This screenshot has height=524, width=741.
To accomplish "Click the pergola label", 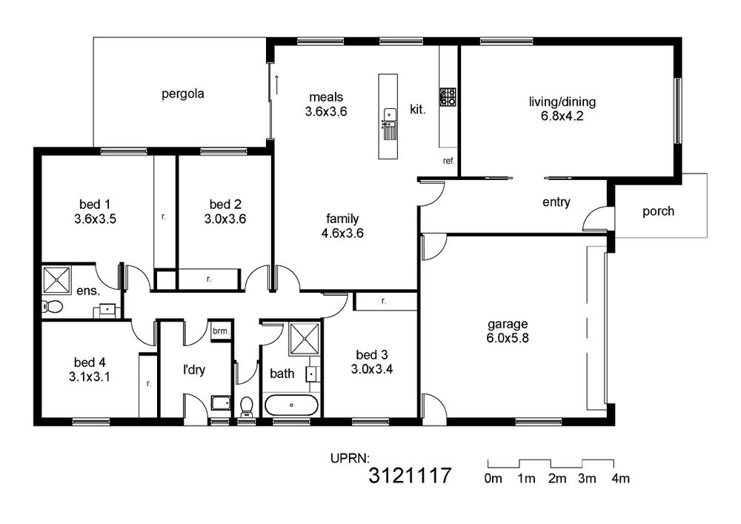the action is point(183,93).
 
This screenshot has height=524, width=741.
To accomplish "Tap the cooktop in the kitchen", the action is point(448,96).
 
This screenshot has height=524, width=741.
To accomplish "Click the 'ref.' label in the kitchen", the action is point(448,161).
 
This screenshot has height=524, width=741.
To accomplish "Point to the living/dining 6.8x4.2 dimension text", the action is point(562,116).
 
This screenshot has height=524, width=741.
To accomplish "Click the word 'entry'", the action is point(556,202).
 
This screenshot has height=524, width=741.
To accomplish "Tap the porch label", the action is point(658,211).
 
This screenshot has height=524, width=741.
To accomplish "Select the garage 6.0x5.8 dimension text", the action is point(508,338).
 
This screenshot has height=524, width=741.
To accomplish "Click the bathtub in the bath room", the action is point(291,405).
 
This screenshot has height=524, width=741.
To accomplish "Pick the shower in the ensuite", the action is point(57,280).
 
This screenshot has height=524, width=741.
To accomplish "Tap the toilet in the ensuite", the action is point(53,307).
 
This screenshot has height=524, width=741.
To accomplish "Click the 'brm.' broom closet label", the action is point(221,331).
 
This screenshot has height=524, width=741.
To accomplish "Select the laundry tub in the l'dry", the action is point(221,403).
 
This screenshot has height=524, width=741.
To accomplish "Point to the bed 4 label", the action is point(90,362).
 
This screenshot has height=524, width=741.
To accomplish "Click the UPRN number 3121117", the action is point(411,475).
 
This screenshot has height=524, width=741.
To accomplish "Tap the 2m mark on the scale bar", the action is point(557,479).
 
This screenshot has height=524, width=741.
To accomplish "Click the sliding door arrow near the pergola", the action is point(276,84).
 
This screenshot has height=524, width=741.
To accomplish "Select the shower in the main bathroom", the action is point(305,339).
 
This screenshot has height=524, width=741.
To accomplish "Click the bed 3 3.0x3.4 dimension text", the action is point(372,370).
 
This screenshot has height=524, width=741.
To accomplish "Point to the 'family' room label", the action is point(342,219).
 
